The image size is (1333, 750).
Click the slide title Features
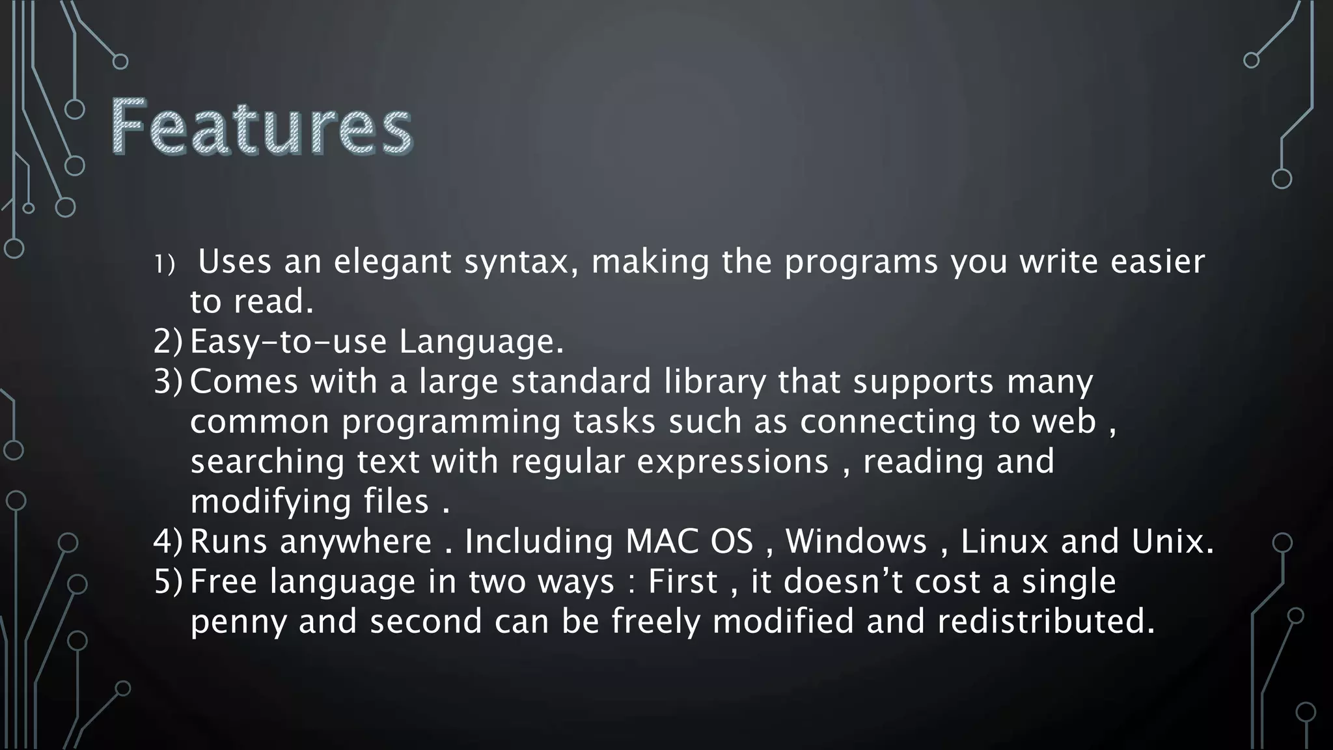point(262,126)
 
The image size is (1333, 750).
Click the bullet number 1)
point(165,264)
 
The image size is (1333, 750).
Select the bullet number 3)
point(169,382)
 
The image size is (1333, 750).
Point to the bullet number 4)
point(169,542)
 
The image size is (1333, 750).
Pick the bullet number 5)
point(169,582)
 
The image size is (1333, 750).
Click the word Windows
point(856,542)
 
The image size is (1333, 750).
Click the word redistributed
point(1046,622)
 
